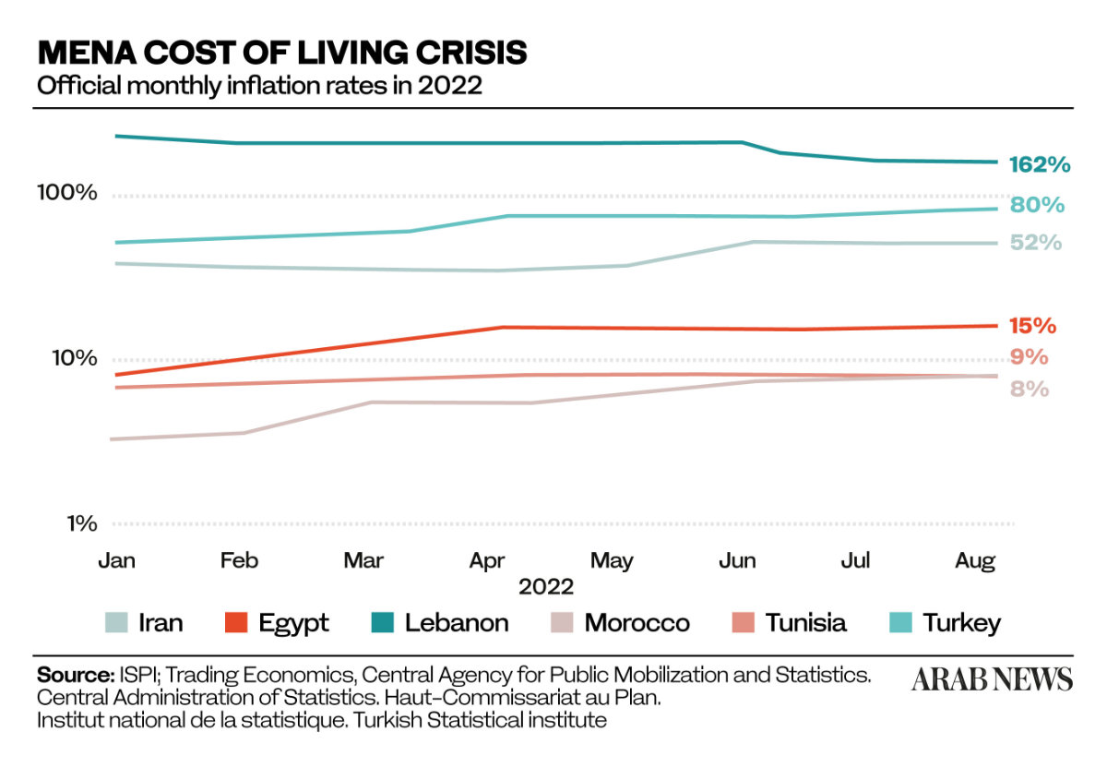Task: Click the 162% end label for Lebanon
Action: (x=1040, y=165)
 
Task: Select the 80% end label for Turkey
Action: (x=1037, y=205)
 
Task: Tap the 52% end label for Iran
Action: (x=1036, y=243)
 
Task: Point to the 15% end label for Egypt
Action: (x=1032, y=325)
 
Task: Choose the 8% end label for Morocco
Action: (x=1029, y=389)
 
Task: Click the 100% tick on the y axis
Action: (x=66, y=193)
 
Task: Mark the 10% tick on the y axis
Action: (x=72, y=358)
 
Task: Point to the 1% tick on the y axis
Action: (x=81, y=523)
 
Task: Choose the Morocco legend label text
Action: (x=637, y=623)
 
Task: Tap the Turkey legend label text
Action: (x=962, y=623)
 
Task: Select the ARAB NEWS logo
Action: (x=992, y=680)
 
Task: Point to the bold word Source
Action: (x=74, y=673)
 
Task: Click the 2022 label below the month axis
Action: (x=546, y=587)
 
